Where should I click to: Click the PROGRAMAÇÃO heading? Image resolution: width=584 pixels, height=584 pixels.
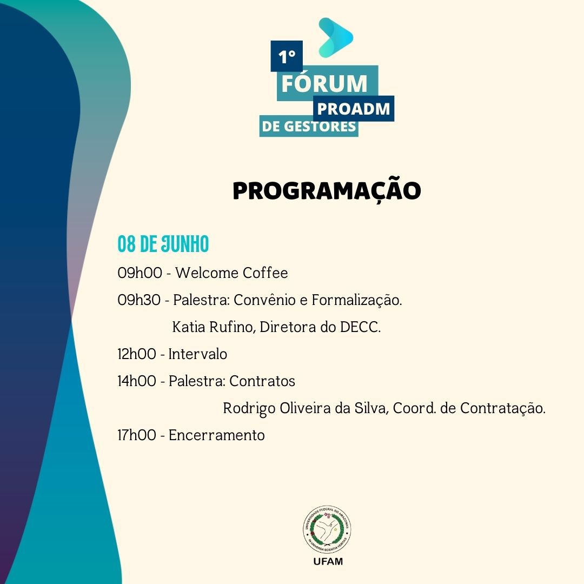(x=327, y=191)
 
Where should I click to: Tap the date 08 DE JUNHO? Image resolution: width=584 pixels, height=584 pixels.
(x=163, y=244)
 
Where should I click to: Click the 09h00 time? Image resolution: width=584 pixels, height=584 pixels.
(x=140, y=273)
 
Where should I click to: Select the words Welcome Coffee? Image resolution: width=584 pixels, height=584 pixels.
(x=231, y=273)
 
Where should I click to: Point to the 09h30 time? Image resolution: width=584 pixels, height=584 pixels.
(x=139, y=300)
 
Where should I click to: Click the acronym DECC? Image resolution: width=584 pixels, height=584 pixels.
(x=360, y=327)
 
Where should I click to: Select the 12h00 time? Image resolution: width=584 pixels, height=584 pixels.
(x=137, y=354)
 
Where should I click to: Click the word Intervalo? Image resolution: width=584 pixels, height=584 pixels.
(x=198, y=354)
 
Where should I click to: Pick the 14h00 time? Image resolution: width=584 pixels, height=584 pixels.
(x=137, y=381)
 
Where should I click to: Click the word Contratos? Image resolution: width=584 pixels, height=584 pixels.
(x=262, y=381)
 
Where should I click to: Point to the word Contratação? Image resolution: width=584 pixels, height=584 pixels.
(x=503, y=408)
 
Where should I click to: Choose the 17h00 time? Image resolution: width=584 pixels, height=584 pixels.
(x=137, y=435)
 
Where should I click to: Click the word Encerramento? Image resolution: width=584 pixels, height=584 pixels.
(x=217, y=435)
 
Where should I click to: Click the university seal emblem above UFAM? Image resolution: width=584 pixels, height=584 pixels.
(x=327, y=529)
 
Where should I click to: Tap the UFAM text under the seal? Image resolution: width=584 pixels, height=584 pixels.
(x=328, y=561)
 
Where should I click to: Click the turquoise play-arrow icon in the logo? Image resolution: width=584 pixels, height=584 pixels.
(x=335, y=37)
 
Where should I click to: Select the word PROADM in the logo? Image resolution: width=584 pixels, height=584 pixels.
(x=354, y=109)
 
